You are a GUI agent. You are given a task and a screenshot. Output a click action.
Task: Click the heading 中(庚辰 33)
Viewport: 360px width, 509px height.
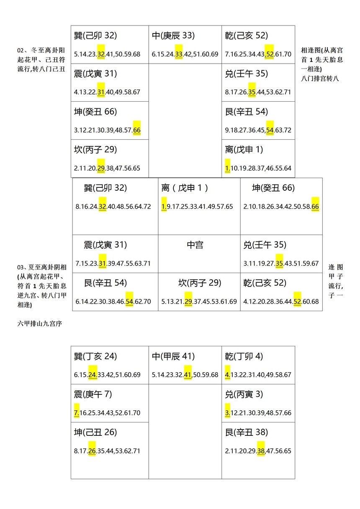click(x=173, y=36)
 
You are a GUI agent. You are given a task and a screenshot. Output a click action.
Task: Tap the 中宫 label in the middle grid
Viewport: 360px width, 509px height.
click(x=195, y=245)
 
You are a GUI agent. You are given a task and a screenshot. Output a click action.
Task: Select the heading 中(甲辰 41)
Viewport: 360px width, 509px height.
click(x=173, y=356)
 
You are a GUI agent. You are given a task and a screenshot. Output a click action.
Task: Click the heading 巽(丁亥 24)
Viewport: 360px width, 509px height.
click(x=95, y=356)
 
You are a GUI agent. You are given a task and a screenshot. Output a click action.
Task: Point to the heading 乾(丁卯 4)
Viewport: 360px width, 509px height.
click(x=244, y=356)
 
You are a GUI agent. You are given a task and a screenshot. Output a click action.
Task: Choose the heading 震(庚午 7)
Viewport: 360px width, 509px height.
click(x=93, y=394)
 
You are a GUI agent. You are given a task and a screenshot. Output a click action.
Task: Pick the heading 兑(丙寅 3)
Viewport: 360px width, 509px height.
click(x=244, y=394)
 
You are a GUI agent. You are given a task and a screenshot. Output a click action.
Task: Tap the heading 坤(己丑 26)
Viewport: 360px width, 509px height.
click(x=95, y=432)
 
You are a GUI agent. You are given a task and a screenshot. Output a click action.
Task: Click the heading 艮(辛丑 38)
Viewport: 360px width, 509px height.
click(x=246, y=432)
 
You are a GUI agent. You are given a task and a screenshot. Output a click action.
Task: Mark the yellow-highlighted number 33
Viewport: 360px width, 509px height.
click(x=179, y=54)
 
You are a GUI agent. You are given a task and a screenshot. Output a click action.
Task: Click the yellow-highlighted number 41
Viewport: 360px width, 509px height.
click(x=188, y=375)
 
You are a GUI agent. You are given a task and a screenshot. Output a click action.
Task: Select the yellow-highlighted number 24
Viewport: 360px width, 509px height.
click(x=93, y=375)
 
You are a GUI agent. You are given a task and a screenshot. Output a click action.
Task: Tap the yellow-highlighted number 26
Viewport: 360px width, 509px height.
click(x=92, y=451)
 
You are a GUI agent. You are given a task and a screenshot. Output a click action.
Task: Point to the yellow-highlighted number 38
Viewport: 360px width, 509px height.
click(x=261, y=451)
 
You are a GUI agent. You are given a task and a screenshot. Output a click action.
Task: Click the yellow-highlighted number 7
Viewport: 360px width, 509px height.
click(x=77, y=413)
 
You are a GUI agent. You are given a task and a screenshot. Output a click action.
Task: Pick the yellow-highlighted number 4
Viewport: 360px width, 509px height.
click(x=228, y=375)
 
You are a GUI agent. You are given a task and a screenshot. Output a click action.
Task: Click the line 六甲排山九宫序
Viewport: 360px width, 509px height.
click(x=40, y=324)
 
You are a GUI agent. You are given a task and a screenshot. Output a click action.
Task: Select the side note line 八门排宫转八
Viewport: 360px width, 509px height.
click(x=320, y=79)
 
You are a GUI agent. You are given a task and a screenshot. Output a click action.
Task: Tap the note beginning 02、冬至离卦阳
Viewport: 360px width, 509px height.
click(x=41, y=59)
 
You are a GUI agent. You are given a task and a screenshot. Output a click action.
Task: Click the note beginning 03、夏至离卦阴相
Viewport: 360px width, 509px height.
click(x=42, y=286)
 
